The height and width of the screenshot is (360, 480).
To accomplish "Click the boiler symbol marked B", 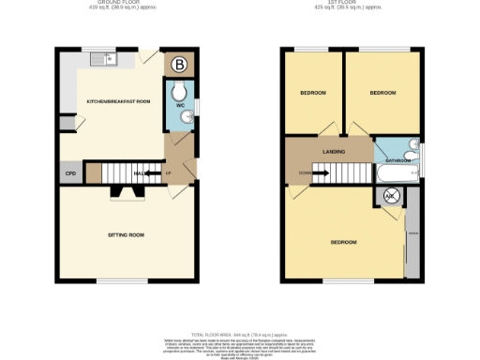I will pos(179,65).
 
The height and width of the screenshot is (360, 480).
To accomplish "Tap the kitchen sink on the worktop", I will pos(102,61).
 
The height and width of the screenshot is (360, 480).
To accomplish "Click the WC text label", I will pos(179,105).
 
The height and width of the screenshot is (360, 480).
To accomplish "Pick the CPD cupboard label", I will pos(69,173).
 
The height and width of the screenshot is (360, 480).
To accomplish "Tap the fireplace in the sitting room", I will pos(126,193).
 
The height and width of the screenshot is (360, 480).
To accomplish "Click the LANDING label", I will pos(333,151).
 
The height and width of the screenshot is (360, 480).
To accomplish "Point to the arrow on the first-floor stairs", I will pos(317,172).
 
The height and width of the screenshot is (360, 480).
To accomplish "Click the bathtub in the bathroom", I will pos(397,175).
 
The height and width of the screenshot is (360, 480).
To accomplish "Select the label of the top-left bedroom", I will pos(313,94).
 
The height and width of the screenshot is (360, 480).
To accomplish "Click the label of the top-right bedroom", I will pos(382,94).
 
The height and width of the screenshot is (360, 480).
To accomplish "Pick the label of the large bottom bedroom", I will pos(343,243).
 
